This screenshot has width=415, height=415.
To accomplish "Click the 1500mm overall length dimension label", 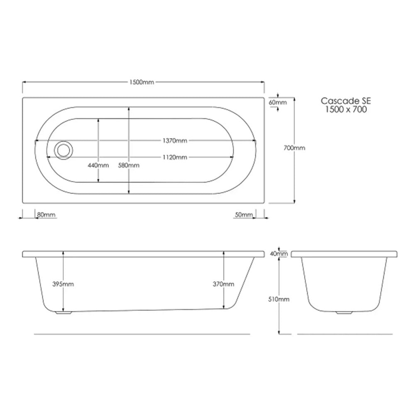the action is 142,82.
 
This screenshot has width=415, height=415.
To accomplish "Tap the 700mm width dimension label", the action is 294,148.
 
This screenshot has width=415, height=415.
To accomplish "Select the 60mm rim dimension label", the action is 278,102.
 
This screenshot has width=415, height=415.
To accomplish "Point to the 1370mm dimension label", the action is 175,141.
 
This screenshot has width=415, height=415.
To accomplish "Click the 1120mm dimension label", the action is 175,157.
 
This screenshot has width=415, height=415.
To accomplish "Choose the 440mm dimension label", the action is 98,166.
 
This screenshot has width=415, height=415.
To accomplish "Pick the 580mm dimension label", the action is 129,166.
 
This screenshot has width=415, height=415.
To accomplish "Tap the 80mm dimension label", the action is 46,215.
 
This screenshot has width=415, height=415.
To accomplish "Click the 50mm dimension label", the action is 244,215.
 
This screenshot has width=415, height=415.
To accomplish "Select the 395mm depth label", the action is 63,284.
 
